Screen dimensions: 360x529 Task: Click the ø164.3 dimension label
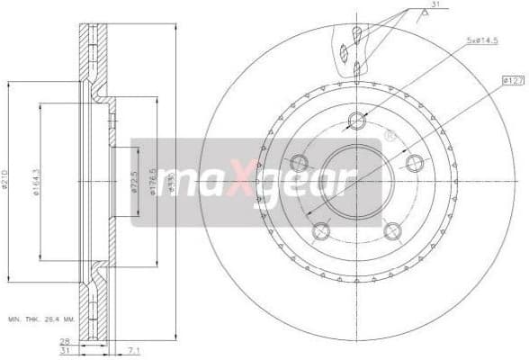[36, 183]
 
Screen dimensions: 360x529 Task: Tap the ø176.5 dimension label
[153, 180]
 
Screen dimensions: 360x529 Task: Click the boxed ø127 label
[514, 81]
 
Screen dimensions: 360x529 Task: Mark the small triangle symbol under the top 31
[419, 13]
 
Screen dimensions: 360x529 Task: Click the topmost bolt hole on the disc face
[356, 121]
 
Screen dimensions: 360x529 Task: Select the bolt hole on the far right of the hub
[414, 163]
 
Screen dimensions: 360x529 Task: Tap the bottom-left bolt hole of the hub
[321, 231]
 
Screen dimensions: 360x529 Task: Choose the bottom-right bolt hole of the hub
[392, 231]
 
